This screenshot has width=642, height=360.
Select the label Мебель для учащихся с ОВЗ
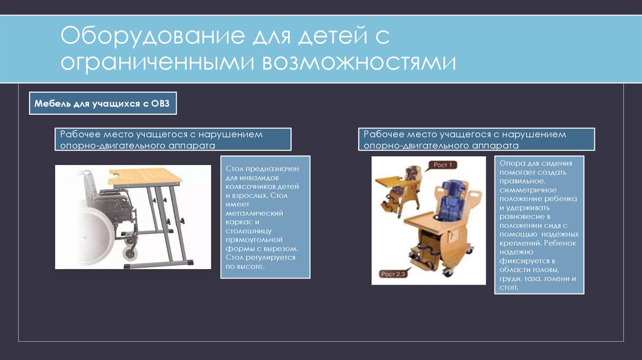click(x=103, y=103)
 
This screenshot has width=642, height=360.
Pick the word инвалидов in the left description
click(x=259, y=178)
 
